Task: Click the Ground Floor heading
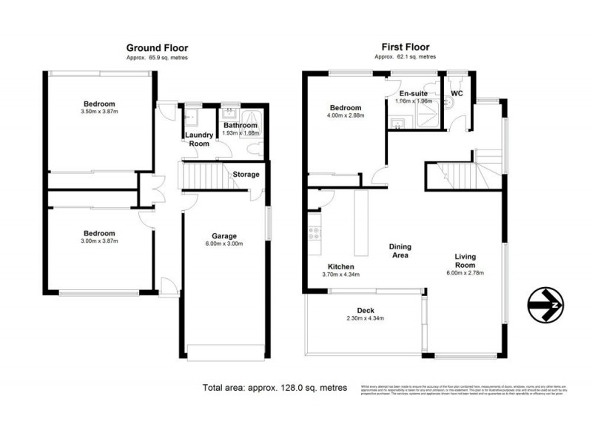tap(155, 47)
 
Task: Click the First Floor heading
tap(405, 47)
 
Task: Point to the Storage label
tap(246, 175)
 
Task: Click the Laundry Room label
tap(199, 139)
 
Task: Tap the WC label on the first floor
tap(457, 94)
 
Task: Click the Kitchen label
tap(341, 266)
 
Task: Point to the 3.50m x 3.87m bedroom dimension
tap(98, 112)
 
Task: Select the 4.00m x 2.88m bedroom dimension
tap(346, 115)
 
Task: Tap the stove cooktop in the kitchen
tap(313, 233)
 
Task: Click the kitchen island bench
tap(361, 222)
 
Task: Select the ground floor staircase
tap(203, 177)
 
